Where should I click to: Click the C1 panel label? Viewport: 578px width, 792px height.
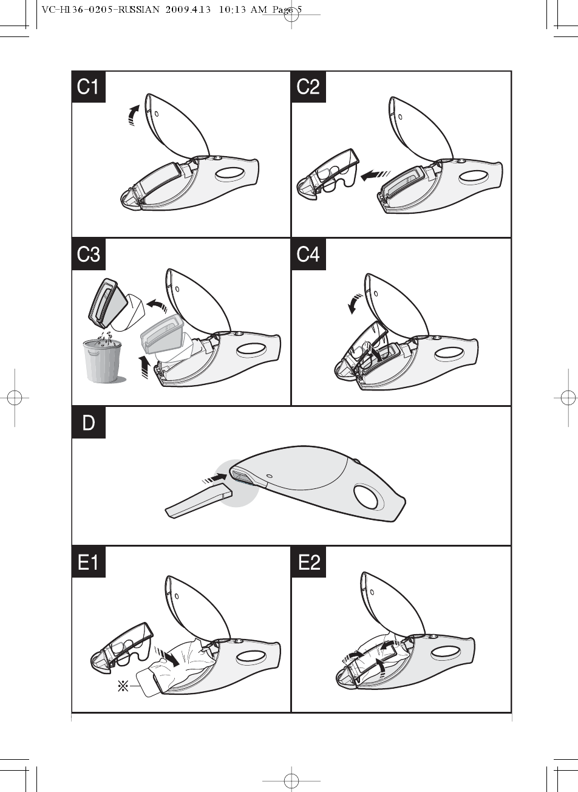coord(89,87)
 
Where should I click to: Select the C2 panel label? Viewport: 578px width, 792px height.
coord(308,87)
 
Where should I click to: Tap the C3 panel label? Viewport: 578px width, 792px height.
coord(89,254)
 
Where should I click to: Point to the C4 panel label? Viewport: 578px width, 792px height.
coord(308,254)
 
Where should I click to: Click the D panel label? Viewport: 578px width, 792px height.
coord(89,423)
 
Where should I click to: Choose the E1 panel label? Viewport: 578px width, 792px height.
coord(89,562)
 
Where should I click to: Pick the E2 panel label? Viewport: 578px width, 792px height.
coord(308,562)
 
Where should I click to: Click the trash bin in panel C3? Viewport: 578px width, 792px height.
coord(103,360)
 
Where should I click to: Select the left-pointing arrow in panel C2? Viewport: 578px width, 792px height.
coord(375,175)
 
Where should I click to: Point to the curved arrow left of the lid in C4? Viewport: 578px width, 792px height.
coord(355,303)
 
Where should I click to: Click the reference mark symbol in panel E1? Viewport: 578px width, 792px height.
coord(123,687)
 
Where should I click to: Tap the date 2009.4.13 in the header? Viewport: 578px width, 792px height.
coord(188,10)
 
